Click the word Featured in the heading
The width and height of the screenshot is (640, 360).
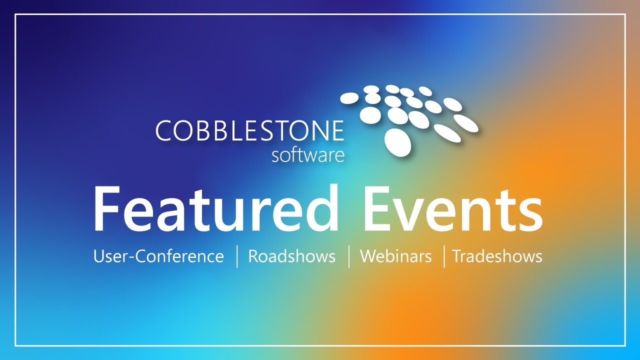coord(215,209)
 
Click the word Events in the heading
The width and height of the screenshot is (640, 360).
coord(452,209)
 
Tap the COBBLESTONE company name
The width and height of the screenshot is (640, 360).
coord(249,131)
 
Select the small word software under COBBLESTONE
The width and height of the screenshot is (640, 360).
coord(308,154)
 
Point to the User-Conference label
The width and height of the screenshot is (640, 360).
coord(158,256)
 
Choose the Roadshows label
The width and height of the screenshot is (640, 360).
coord(291,256)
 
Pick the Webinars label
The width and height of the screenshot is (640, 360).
coord(395,256)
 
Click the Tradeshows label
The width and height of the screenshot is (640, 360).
coord(497,256)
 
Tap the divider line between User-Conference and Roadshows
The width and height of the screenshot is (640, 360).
coord(237,256)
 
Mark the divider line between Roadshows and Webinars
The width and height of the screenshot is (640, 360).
coord(349,256)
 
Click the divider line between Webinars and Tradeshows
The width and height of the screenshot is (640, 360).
coord(444,256)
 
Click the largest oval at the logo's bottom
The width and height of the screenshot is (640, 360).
coord(398,142)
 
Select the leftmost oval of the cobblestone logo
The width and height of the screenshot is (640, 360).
coord(349,98)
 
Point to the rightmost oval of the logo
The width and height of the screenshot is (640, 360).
coord(466,122)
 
